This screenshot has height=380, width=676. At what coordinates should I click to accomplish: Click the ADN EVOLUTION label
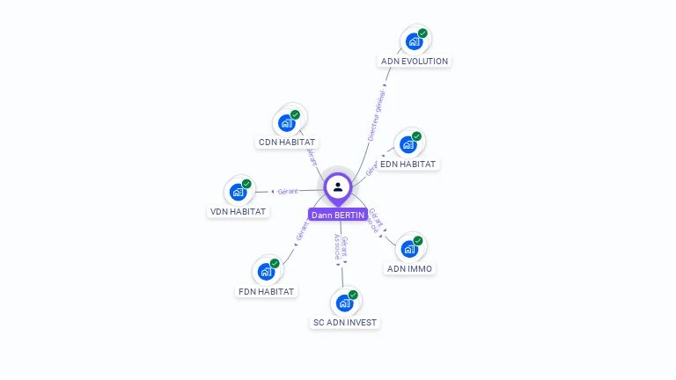[x=415, y=62]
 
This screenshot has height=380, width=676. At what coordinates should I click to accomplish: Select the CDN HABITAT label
[x=287, y=142]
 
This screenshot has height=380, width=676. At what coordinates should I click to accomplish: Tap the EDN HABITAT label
[x=408, y=164]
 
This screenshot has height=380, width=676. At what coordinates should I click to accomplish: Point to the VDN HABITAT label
[x=238, y=211]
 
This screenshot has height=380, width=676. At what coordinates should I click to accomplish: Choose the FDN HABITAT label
[x=267, y=291]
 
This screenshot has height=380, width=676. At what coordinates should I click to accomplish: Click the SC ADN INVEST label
[x=345, y=322]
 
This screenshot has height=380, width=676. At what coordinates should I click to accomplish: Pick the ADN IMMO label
[x=410, y=268]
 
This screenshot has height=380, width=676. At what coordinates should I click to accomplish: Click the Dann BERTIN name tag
[x=338, y=215]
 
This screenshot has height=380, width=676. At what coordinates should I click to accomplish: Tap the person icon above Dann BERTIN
[x=338, y=186]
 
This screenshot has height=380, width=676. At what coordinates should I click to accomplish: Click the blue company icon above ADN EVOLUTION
[x=414, y=41]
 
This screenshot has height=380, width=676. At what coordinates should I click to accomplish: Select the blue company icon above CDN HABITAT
[x=286, y=122]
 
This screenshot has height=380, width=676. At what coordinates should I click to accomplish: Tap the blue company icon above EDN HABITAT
[x=408, y=144]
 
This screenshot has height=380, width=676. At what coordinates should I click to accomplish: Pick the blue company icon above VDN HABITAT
[x=238, y=192]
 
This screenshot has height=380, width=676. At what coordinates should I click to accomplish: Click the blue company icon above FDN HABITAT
[x=266, y=272]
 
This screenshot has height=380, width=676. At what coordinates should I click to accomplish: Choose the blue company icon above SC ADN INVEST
[x=344, y=303]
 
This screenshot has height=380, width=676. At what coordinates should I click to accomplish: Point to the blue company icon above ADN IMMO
[x=409, y=249]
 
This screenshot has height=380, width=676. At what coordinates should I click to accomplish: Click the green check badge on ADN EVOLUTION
[x=422, y=33]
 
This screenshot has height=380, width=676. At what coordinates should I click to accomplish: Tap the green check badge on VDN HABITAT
[x=246, y=184]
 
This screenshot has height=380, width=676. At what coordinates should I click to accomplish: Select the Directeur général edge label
[x=377, y=115]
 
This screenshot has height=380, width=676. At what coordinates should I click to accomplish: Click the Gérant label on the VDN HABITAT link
[x=288, y=191]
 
